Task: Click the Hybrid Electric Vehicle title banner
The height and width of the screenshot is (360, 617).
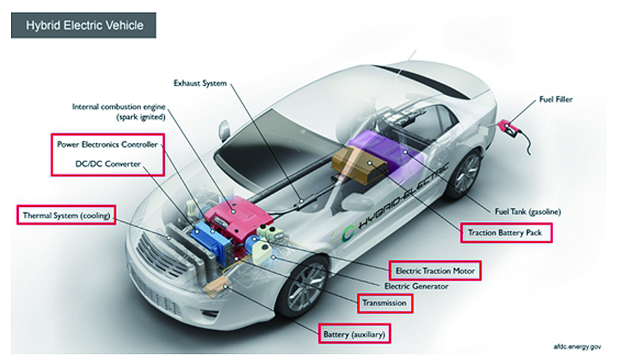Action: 84,27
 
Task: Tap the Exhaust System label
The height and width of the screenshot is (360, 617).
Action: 200,83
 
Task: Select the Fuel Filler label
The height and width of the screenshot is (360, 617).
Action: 556,99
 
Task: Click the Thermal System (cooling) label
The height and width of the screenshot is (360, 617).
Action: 65,215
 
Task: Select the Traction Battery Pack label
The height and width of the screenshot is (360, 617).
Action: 505,232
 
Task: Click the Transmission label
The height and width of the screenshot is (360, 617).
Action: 385,303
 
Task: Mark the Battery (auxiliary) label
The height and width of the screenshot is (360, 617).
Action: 355,335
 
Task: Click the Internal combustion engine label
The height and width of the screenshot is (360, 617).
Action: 119,112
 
